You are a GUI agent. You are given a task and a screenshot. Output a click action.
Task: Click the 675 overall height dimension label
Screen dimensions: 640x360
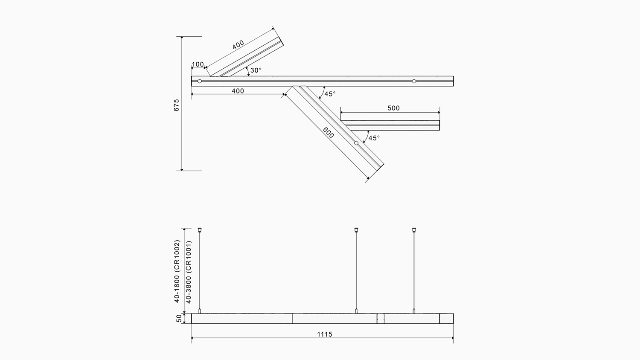(x=177, y=105)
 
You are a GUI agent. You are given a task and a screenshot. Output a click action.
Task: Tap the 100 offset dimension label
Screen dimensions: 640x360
(x=198, y=64)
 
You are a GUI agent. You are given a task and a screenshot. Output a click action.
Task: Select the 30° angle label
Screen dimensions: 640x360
(x=256, y=70)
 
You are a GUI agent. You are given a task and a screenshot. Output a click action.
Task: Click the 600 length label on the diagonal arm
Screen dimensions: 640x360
(x=328, y=133)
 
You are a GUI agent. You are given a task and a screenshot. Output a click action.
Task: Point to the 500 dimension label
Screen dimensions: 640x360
(x=393, y=108)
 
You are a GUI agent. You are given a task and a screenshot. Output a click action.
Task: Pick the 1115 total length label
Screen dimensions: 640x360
(x=325, y=334)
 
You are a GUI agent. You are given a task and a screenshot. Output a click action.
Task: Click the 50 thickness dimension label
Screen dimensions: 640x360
(x=179, y=318)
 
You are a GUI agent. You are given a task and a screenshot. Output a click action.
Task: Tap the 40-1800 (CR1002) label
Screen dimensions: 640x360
(x=177, y=271)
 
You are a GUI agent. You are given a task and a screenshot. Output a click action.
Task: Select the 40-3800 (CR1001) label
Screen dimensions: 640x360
(x=189, y=272)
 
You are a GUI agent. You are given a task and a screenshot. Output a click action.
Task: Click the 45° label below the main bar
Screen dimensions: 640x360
(x=330, y=94)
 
